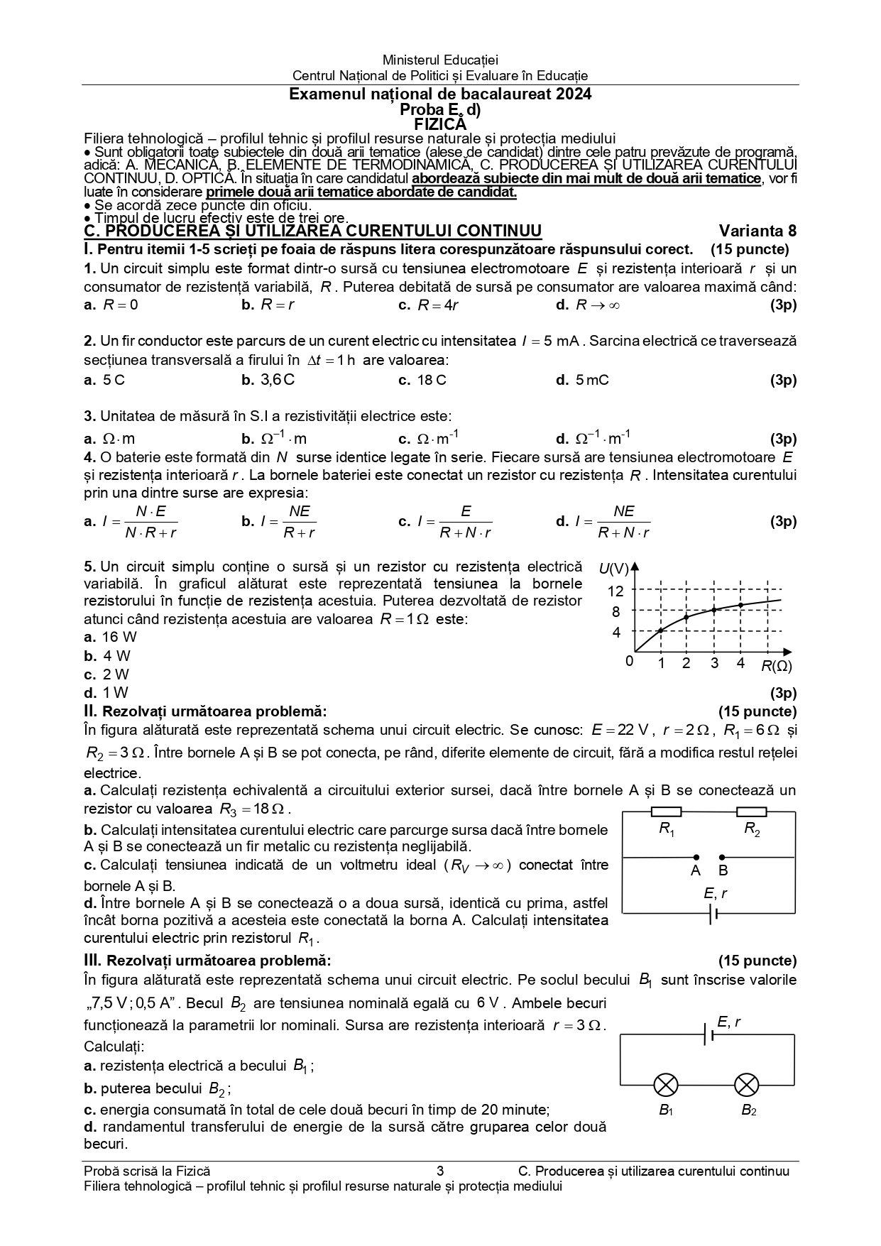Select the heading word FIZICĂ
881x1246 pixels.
click(x=439, y=124)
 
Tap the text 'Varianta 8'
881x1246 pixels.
click(x=757, y=231)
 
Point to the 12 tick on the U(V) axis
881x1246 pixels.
click(x=615, y=591)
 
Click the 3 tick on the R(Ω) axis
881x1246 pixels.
click(x=714, y=664)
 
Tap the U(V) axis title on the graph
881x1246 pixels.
click(x=614, y=568)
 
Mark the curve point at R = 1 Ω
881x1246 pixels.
click(x=660, y=630)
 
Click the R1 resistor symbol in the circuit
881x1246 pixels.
click(x=666, y=811)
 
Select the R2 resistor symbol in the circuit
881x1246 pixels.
click(x=751, y=811)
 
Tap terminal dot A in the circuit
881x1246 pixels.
click(x=696, y=857)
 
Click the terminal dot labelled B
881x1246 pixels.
click(x=722, y=857)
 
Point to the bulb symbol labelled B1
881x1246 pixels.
click(x=666, y=1084)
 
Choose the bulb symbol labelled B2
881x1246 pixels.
click(x=747, y=1084)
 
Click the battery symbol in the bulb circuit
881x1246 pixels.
click(x=708, y=1034)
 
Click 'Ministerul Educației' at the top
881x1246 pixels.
click(x=440, y=60)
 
